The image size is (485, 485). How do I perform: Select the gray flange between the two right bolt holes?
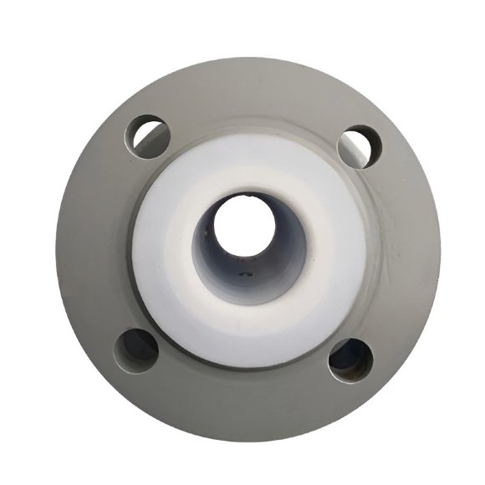(401, 251)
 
